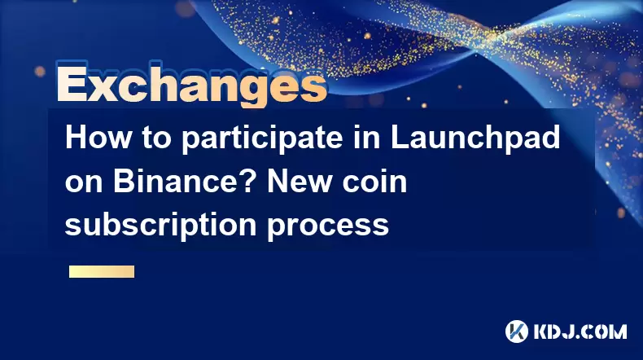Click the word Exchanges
click(192, 85)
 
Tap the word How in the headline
click(98, 138)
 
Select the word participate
click(262, 140)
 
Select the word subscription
click(161, 226)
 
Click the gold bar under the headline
click(102, 272)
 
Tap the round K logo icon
click(517, 331)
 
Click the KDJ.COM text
click(580, 331)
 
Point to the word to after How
click(156, 138)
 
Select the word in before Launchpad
click(366, 138)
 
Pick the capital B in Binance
click(125, 181)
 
